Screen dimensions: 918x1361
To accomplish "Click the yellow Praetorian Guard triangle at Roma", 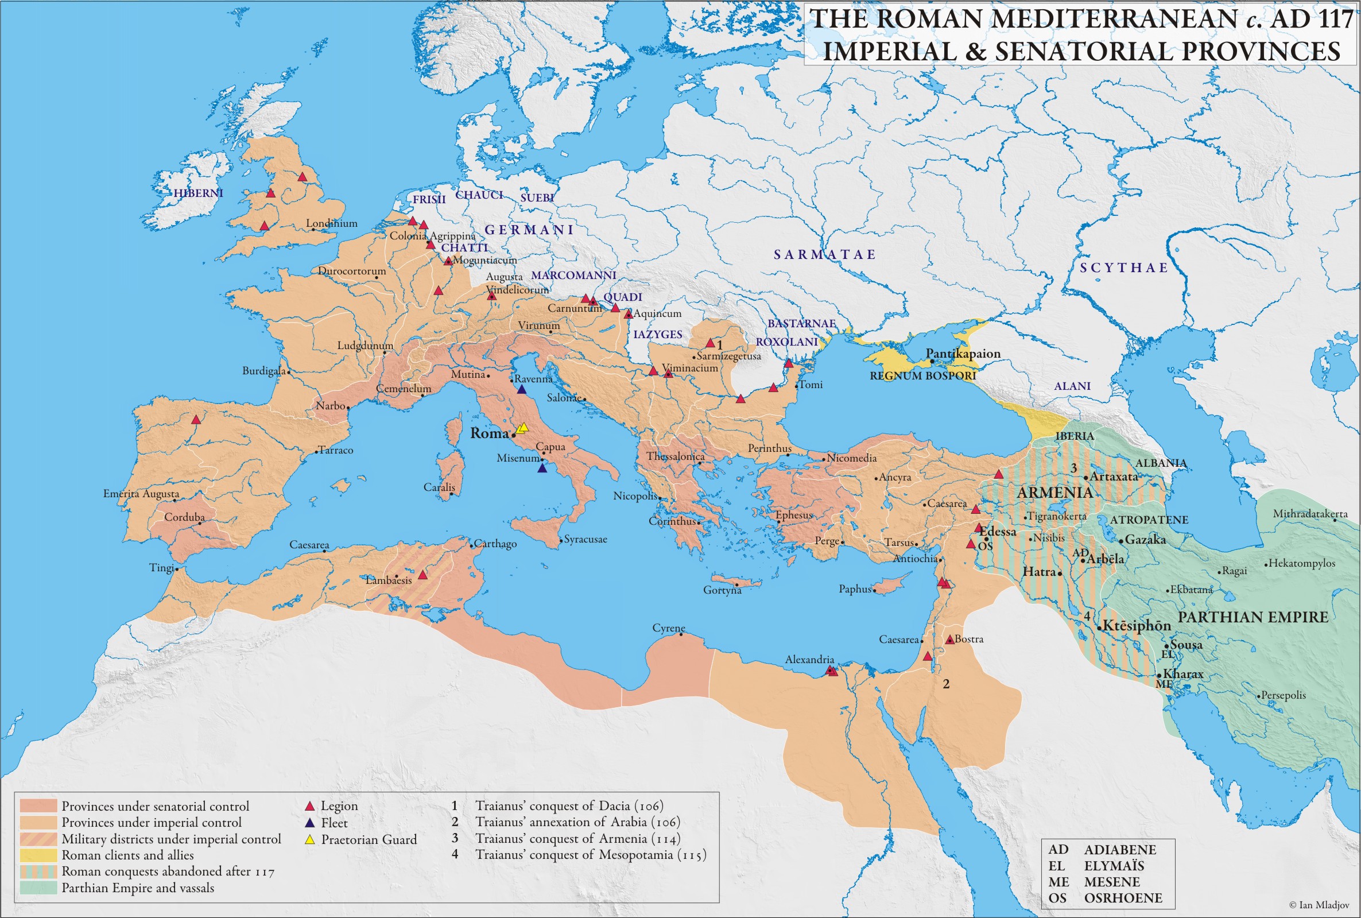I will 523,428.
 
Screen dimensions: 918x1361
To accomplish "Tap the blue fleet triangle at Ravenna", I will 522,389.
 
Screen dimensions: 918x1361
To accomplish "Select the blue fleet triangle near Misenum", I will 542,468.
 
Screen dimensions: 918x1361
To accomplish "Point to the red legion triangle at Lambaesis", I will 422,575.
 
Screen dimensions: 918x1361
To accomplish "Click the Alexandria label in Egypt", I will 809,659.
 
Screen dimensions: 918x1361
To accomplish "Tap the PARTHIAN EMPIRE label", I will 1253,617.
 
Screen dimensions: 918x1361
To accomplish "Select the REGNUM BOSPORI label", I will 922,376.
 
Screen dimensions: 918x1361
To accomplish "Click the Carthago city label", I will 495,543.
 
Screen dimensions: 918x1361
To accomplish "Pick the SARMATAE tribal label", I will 824,254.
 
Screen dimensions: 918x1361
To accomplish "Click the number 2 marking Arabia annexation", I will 946,684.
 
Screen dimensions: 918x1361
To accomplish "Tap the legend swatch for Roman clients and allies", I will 38,855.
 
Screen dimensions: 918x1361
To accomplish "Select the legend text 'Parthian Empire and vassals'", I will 138,888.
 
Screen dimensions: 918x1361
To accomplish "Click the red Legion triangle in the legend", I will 309,806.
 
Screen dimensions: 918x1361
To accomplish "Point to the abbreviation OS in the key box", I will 1058,897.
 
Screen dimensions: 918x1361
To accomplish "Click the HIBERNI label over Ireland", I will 198,193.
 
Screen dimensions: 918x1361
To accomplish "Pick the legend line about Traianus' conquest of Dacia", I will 569,805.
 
